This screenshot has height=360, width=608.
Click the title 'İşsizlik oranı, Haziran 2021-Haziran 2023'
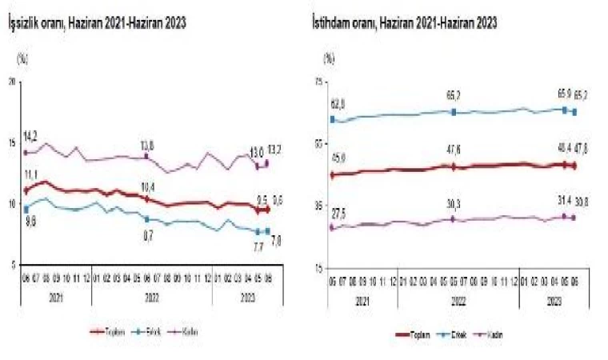click(97, 24)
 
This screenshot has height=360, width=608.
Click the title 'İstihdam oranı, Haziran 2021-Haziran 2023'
click(404, 24)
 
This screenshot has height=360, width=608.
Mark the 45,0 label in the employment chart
click(337, 158)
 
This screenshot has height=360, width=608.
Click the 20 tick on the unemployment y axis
click(11, 81)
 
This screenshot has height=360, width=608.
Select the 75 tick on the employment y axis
click(318, 81)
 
